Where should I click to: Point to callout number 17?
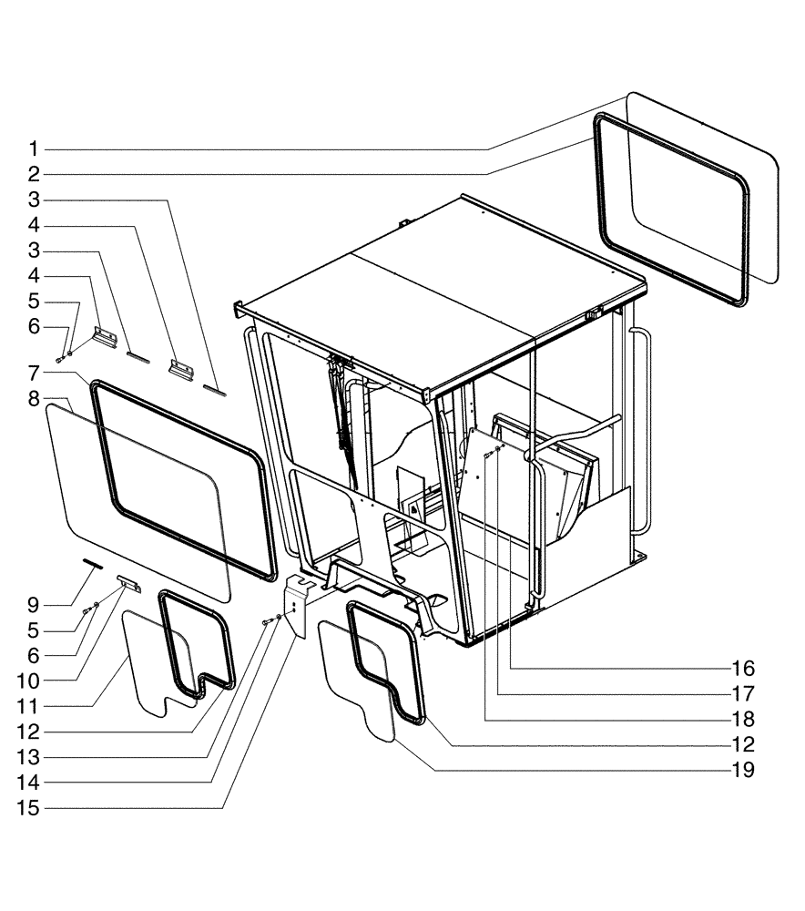(x=743, y=694)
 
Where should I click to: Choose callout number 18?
(x=743, y=720)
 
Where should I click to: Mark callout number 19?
(x=743, y=771)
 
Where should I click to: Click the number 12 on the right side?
(x=743, y=745)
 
